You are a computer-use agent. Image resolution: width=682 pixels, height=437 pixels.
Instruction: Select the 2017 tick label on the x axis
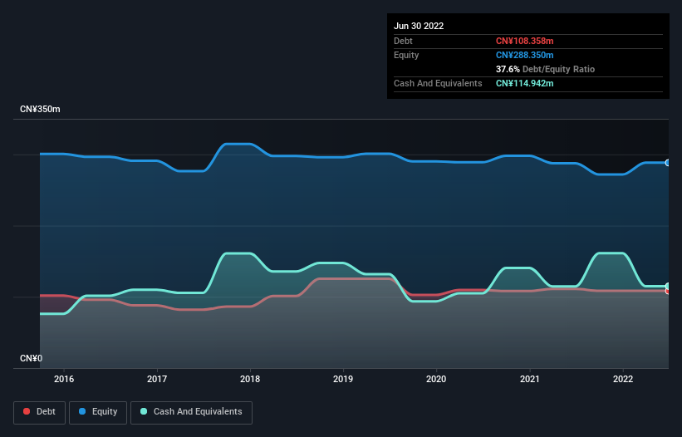tap(157, 379)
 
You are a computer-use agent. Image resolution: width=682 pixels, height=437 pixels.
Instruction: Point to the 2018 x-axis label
tap(250, 379)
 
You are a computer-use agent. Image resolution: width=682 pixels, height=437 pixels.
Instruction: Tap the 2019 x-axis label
tap(343, 379)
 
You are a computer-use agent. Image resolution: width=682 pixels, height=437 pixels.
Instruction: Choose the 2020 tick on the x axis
tap(436, 379)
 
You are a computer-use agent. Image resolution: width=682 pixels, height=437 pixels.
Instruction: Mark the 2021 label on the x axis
tap(529, 379)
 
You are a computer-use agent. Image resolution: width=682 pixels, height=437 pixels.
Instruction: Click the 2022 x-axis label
tap(622, 379)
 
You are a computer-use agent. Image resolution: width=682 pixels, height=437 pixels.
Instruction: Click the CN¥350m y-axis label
tap(40, 110)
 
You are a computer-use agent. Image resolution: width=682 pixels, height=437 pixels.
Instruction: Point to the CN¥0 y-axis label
tap(31, 358)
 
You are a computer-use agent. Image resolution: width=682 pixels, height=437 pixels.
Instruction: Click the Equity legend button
tap(98, 412)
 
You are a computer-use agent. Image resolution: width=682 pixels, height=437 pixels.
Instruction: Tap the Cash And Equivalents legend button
tap(191, 412)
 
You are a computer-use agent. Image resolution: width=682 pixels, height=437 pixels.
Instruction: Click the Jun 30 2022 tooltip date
tap(419, 26)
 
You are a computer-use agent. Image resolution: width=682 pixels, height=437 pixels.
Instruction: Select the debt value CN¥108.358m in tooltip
tap(524, 41)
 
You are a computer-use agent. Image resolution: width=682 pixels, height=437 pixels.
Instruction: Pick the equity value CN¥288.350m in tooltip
tap(524, 55)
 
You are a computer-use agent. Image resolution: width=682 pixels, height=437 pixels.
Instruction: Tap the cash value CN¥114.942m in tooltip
tap(524, 83)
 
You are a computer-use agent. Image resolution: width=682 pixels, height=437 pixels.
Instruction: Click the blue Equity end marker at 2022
tap(667, 163)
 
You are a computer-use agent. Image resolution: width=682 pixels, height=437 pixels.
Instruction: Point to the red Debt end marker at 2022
tap(667, 291)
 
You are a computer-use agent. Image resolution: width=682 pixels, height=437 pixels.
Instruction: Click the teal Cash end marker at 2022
tap(667, 286)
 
